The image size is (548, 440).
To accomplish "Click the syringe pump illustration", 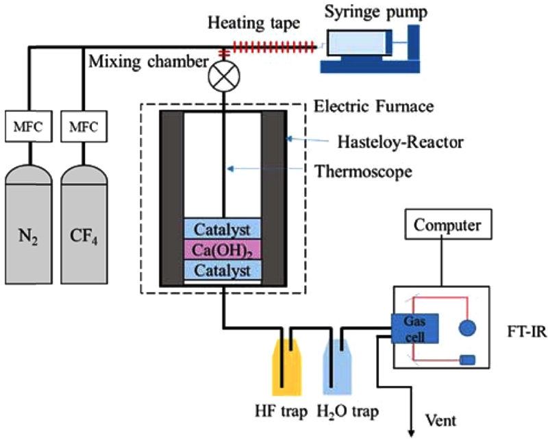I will pos(371,48).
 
